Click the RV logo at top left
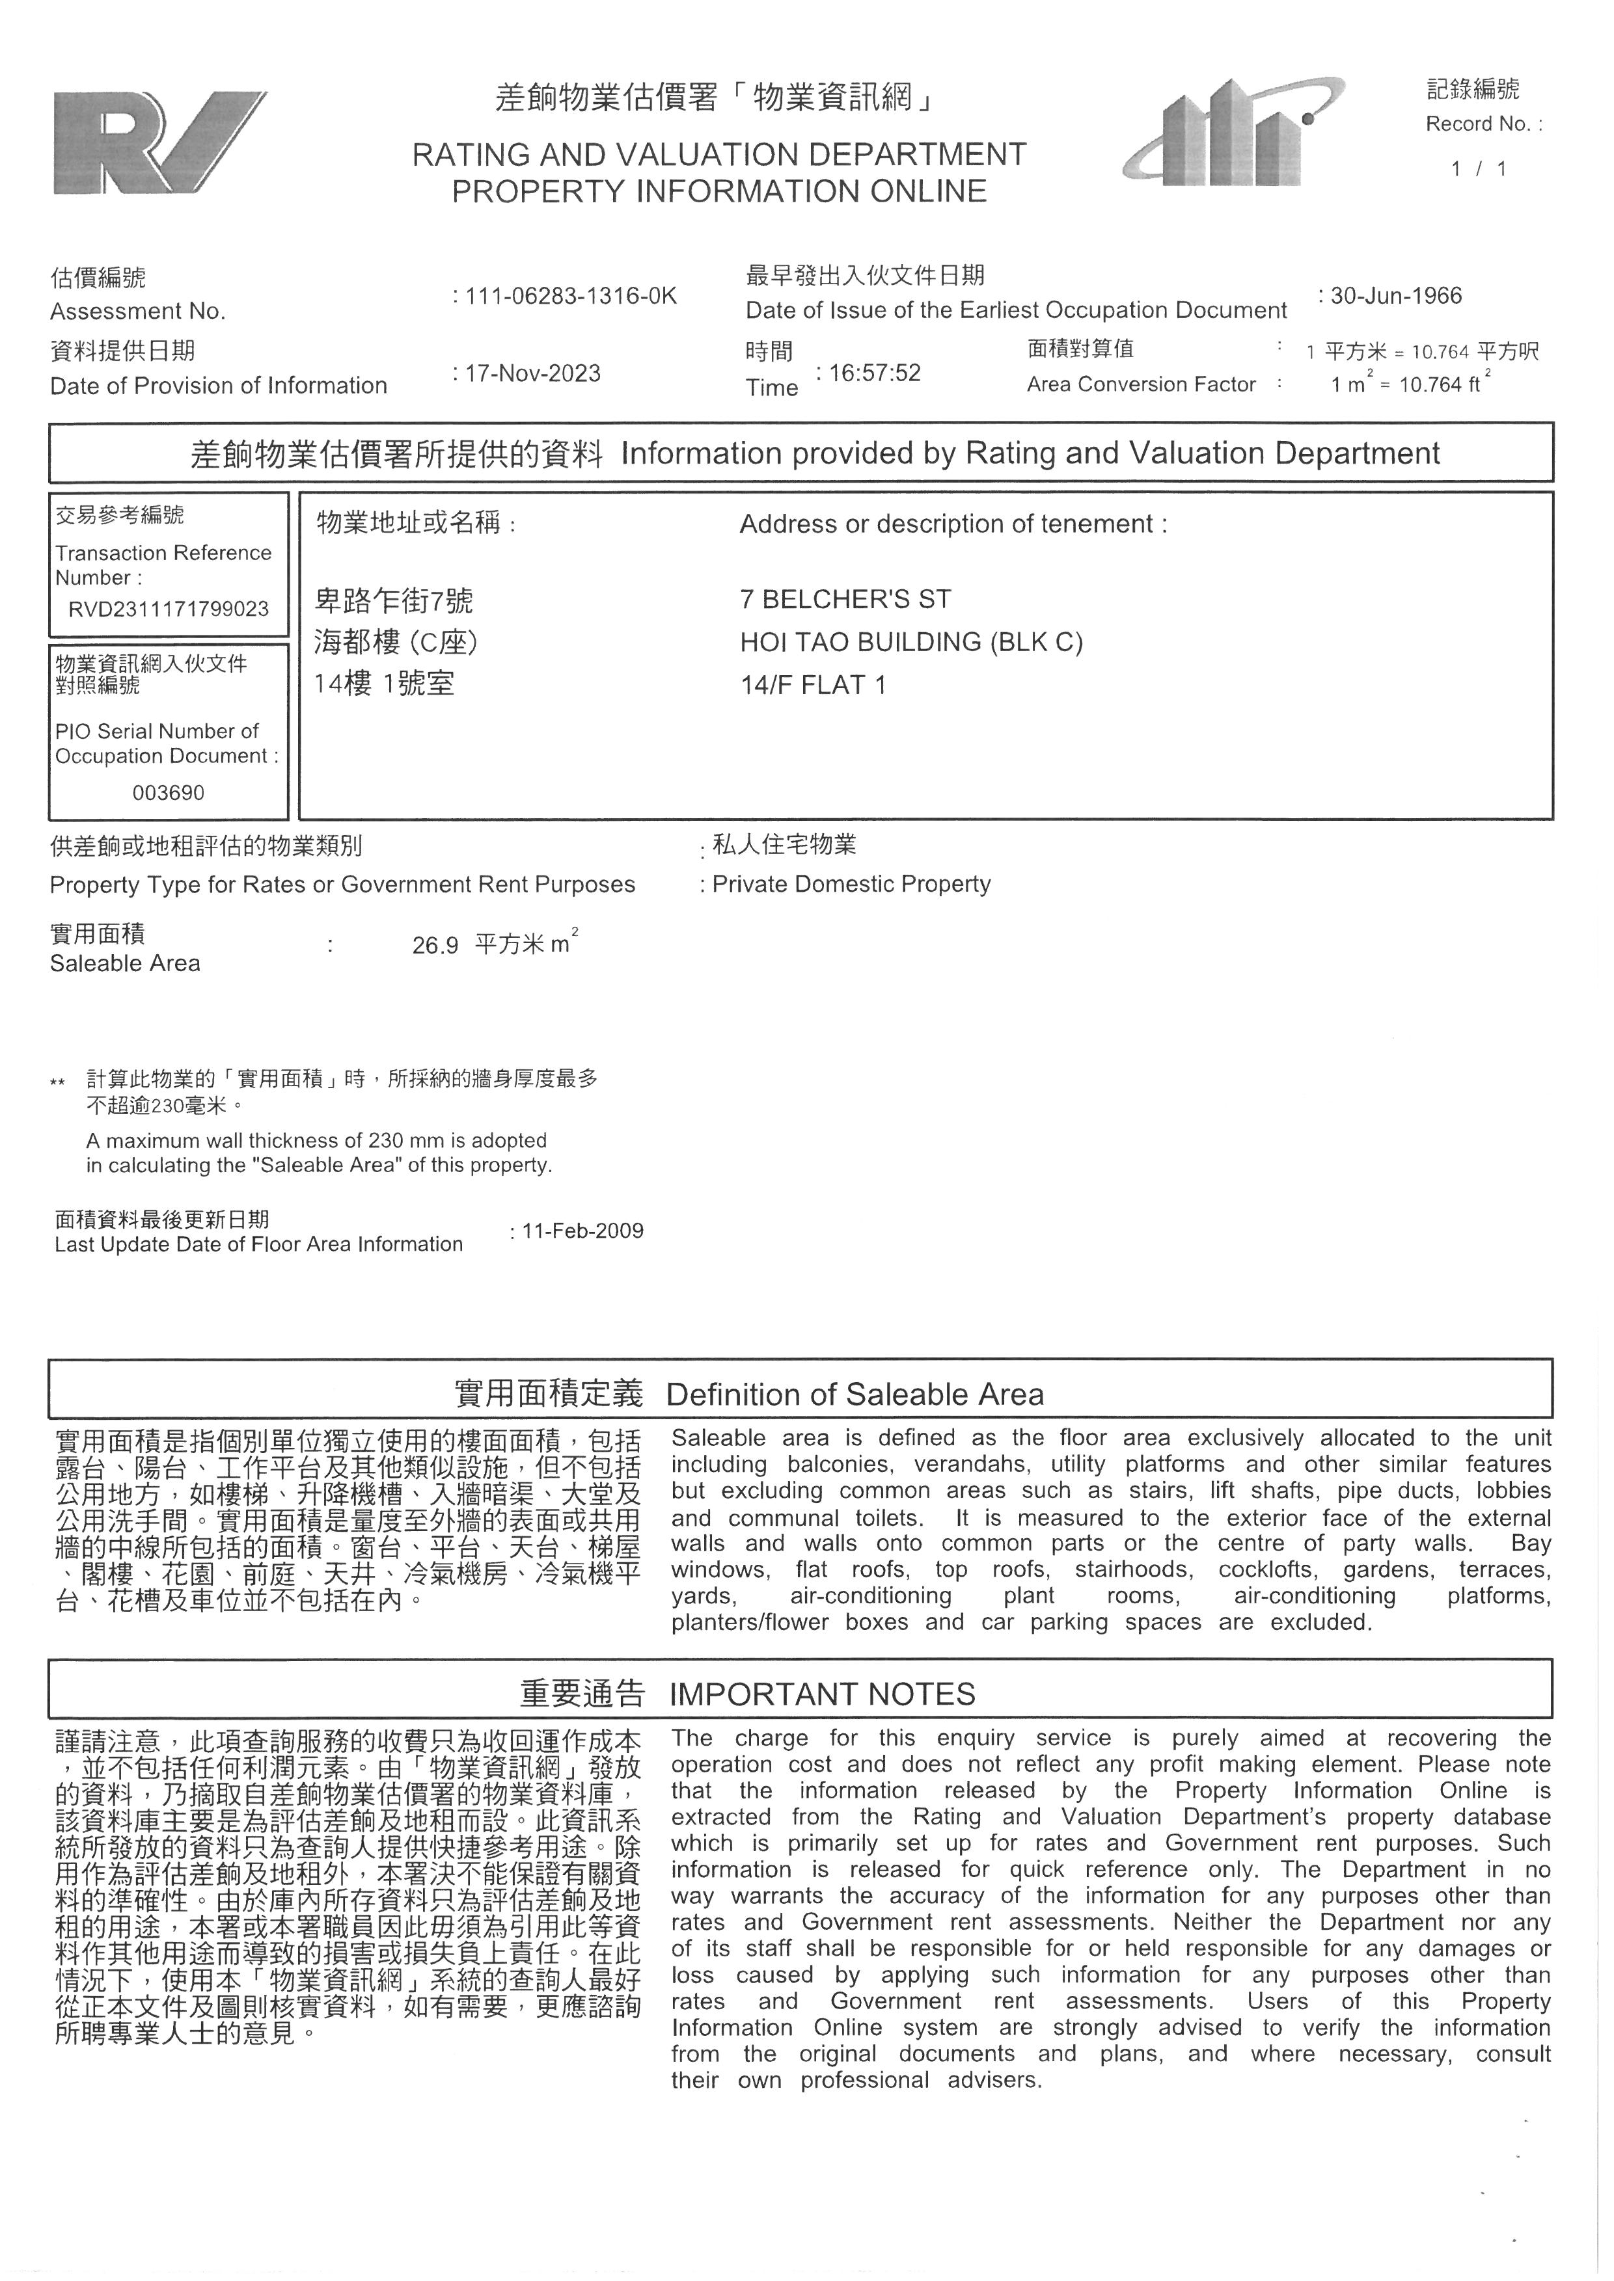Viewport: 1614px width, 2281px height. [x=159, y=142]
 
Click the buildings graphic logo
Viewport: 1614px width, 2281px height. [x=1235, y=132]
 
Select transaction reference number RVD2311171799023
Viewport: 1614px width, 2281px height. [x=168, y=609]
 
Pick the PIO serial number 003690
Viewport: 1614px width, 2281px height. [x=168, y=793]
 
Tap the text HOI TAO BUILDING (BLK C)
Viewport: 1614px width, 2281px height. [x=910, y=642]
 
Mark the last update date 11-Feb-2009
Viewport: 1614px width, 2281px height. [x=582, y=1231]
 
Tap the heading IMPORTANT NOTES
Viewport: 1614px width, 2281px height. [x=822, y=1694]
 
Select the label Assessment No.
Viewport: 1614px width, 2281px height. [x=137, y=312]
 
